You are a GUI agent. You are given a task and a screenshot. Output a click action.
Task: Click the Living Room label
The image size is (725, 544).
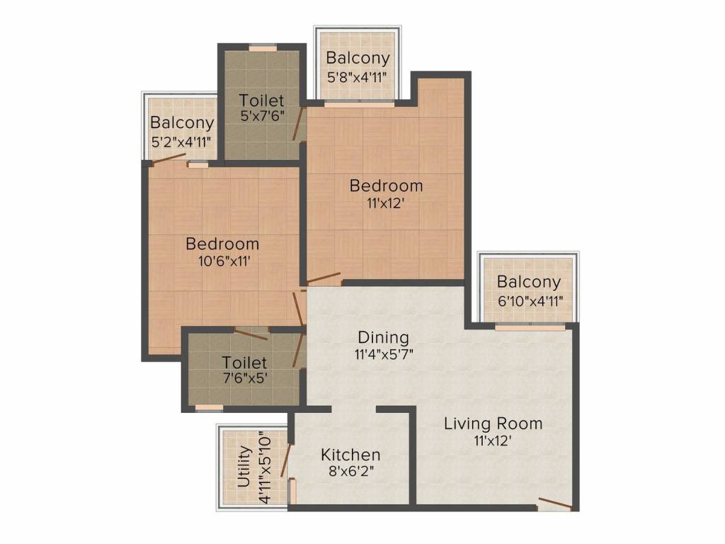click(x=493, y=424)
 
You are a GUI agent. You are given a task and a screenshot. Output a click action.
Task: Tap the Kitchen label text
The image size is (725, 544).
click(x=350, y=455)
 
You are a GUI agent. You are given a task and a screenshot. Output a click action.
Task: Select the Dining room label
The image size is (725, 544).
click(x=383, y=338)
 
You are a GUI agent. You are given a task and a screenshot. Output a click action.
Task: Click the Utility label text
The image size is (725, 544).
click(x=244, y=467)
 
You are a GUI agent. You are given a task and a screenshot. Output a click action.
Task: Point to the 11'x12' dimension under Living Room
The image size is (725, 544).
click(x=493, y=441)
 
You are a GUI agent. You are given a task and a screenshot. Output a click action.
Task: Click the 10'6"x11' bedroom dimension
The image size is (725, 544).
click(x=224, y=261)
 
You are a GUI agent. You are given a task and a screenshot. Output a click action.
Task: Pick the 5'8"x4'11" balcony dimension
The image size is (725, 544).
click(x=357, y=76)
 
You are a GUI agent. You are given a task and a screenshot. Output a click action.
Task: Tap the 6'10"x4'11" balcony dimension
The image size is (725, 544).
click(x=530, y=302)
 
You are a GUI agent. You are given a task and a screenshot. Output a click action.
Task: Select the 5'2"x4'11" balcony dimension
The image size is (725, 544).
click(x=182, y=141)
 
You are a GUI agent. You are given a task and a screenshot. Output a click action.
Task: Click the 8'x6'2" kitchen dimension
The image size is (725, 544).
click(x=351, y=471)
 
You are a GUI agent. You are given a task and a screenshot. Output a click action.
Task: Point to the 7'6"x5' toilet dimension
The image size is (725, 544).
click(x=245, y=378)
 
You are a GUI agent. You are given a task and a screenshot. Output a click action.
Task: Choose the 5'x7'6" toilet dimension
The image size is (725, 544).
click(x=262, y=115)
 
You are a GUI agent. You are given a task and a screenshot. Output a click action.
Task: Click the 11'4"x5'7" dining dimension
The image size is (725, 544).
click(x=384, y=354)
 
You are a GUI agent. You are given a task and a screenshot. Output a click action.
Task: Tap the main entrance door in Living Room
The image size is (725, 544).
click(x=555, y=504)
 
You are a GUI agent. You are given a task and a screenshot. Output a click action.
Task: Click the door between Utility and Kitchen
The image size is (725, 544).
click(x=286, y=460)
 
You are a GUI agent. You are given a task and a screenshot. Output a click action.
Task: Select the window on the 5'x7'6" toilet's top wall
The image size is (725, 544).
click(x=263, y=47)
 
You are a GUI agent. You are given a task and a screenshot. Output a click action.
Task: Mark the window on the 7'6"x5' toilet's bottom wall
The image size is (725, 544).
click(x=209, y=408)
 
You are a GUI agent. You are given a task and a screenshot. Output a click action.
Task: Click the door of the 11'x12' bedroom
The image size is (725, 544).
click(x=324, y=278)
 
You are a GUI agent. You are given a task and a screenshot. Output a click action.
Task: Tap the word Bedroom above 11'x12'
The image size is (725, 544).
click(x=386, y=186)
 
